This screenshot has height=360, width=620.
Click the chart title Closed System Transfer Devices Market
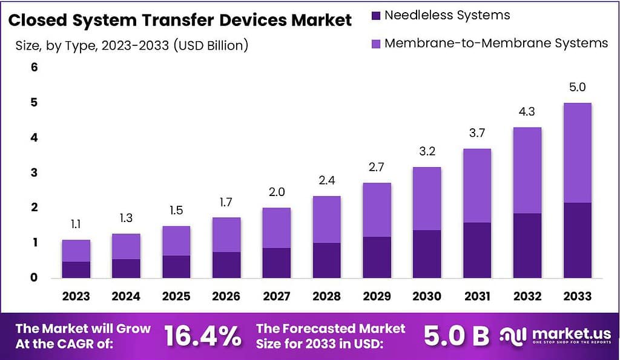180,20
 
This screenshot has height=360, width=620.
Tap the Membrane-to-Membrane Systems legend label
496,43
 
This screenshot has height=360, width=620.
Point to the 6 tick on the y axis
35,68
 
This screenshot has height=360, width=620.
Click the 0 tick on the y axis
35,278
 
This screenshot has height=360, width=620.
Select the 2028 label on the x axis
326,296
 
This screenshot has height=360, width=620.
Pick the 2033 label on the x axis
577,296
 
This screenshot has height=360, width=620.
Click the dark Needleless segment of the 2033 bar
577,240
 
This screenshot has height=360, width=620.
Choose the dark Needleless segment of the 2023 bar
76,270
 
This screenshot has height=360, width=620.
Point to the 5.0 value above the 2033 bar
577,88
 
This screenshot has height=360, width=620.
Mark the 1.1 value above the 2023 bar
76,224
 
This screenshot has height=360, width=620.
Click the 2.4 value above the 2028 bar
326,180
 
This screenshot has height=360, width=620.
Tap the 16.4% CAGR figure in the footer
202,337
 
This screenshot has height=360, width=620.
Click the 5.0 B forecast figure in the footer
456,337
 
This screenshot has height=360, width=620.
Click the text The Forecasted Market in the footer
331,329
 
